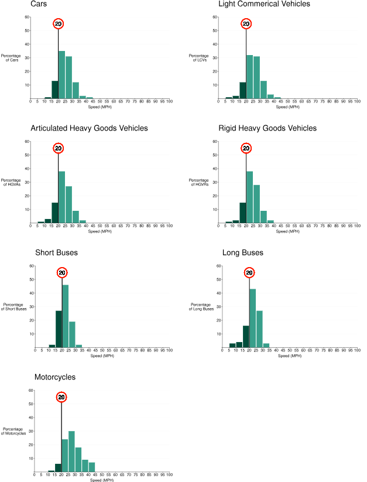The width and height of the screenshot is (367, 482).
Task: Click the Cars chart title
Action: [x=39, y=4]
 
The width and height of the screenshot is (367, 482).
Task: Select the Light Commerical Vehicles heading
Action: [x=264, y=4]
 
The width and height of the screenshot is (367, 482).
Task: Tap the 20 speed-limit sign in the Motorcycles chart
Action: [x=61, y=397]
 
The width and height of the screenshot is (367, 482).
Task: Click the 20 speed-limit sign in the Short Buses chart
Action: [x=63, y=272]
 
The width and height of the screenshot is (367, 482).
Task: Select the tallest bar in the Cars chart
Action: [x=61, y=75]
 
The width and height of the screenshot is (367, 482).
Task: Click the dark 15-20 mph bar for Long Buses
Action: [x=246, y=337]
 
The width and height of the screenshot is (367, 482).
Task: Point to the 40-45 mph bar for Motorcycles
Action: [x=91, y=467]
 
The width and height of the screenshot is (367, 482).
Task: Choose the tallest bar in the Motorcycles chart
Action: [x=71, y=452]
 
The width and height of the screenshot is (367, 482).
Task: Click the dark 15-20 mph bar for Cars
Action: [x=54, y=90]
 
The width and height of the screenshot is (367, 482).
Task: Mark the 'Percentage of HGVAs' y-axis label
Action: [x=11, y=183]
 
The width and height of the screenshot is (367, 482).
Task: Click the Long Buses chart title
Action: [x=243, y=253]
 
